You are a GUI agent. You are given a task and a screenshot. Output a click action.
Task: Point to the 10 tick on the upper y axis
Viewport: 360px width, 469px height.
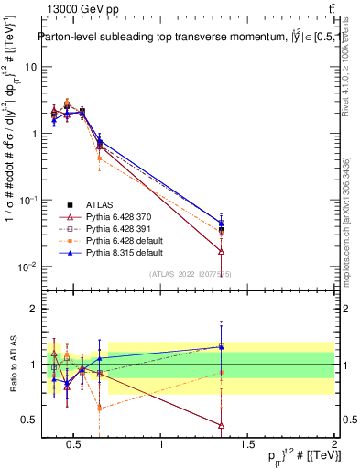pyautogui.click(x=31, y=67)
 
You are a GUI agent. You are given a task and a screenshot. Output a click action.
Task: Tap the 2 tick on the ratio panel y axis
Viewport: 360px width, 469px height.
pyautogui.click(x=35, y=309)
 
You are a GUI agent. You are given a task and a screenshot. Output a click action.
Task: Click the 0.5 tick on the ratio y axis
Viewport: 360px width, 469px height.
pyautogui.click(x=30, y=420)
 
